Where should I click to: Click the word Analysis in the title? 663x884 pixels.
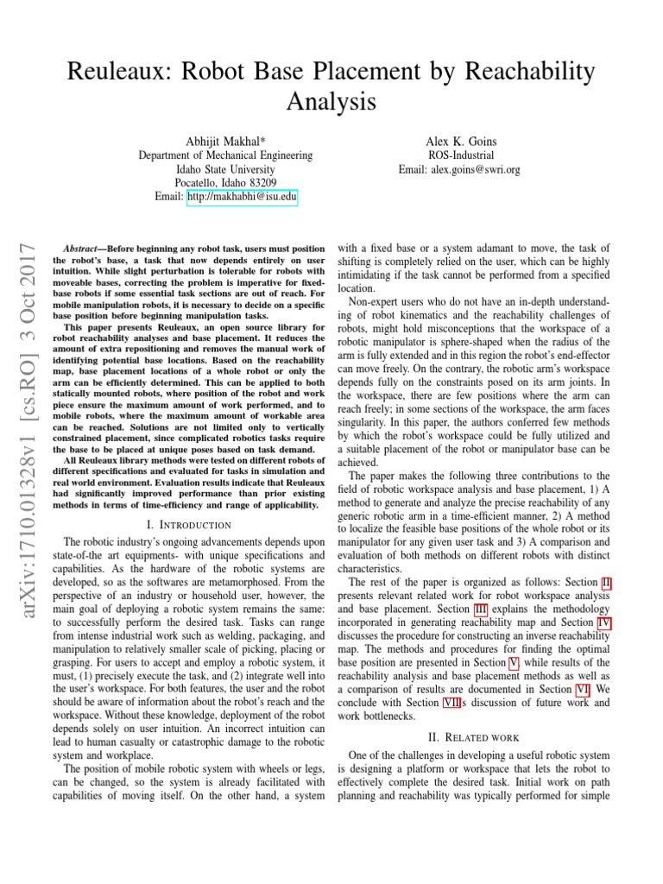(331, 102)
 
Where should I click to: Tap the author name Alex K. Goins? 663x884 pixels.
(459, 140)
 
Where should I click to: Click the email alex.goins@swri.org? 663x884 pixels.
(459, 169)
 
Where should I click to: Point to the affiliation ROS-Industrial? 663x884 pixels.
(459, 155)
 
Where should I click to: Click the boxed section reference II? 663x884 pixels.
(607, 584)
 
